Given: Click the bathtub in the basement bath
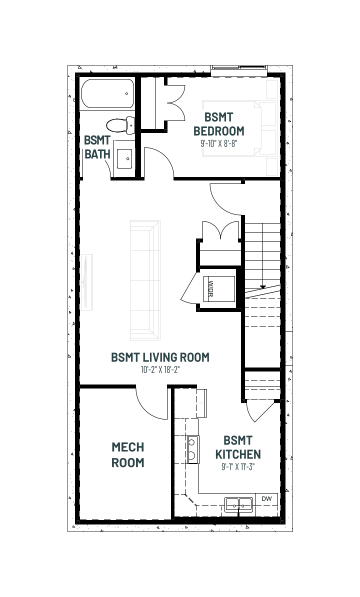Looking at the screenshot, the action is [x=107, y=93].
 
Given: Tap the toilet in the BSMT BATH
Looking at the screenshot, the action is [x=120, y=125].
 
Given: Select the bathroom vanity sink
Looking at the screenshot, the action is [x=124, y=159].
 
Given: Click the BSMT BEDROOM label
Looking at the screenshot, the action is [x=219, y=124].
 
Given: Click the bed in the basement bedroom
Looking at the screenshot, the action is [x=239, y=128].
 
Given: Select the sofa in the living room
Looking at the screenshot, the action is [x=145, y=280].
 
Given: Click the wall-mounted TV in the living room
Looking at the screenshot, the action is [x=87, y=281].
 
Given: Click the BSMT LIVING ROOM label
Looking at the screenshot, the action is [x=160, y=357].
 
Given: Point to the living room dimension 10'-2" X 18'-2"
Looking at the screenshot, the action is [x=160, y=369].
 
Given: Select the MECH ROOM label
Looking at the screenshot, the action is [x=128, y=454].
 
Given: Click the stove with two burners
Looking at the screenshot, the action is [x=193, y=449].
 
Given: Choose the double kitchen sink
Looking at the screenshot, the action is [x=238, y=504].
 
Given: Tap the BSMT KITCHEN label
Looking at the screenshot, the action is [x=238, y=447].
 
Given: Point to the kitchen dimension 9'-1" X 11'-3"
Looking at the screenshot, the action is [x=238, y=467].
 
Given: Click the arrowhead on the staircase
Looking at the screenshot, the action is [x=262, y=286].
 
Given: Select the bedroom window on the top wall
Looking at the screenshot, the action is [x=239, y=68].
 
